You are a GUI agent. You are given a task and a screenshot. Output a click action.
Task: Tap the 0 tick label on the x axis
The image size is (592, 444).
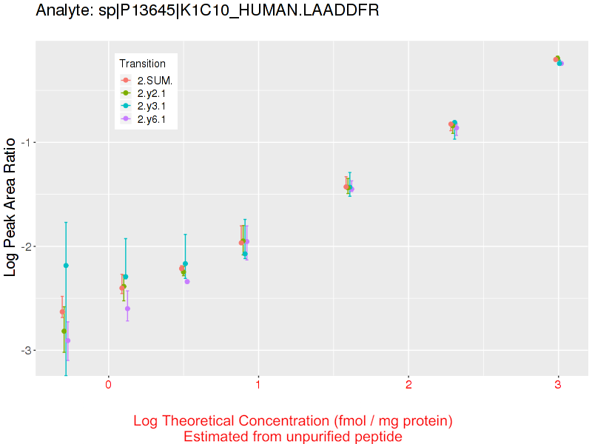108,385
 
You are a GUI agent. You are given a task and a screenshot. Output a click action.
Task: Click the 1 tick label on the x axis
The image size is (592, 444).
258,385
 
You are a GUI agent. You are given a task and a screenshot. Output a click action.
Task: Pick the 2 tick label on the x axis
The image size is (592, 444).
408,385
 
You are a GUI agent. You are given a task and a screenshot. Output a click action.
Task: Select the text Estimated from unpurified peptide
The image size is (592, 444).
293,437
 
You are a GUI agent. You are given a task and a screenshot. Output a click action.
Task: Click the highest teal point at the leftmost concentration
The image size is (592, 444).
66,265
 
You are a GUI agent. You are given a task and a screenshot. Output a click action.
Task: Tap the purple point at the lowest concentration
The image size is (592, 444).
68,341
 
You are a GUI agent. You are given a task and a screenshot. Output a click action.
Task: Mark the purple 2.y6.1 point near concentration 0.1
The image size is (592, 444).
127,309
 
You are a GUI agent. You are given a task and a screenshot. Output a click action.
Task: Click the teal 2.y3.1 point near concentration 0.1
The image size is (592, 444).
125,277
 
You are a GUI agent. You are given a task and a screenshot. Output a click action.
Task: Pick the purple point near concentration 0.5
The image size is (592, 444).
187,281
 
